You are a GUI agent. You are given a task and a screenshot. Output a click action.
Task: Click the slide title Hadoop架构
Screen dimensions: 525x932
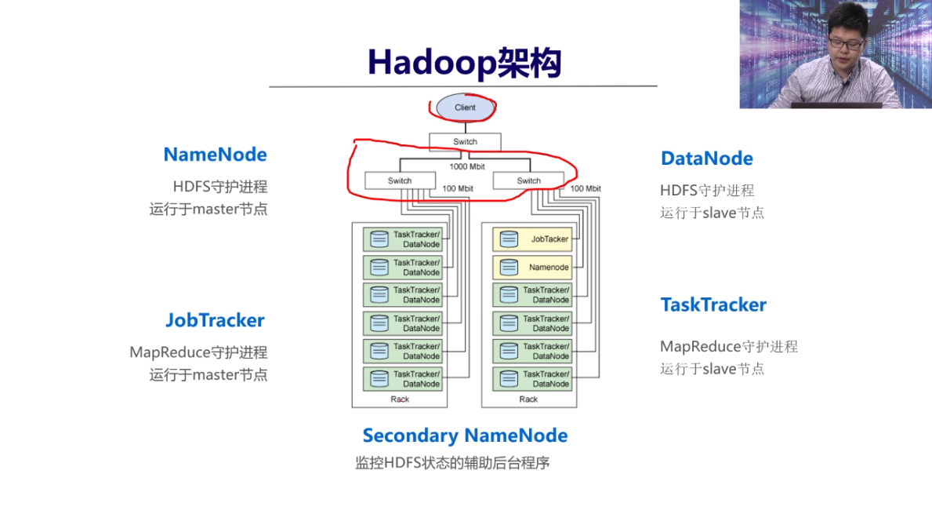[x=464, y=63]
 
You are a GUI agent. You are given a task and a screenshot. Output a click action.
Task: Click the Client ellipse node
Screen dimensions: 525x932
[x=465, y=108]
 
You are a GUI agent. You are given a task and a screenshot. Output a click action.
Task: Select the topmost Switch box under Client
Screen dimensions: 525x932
[x=465, y=142]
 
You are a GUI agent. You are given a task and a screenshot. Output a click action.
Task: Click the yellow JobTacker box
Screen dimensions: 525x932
[x=532, y=239]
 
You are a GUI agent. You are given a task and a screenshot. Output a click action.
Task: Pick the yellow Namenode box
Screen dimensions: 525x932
[x=532, y=268]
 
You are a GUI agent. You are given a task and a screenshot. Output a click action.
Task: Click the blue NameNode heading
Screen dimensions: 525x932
[x=215, y=155]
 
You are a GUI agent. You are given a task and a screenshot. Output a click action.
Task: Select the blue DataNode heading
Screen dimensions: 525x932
[x=706, y=159]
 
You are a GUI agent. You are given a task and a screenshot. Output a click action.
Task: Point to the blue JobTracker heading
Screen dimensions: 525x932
[x=215, y=320]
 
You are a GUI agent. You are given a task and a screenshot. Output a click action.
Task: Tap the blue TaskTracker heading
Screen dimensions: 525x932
[x=713, y=305]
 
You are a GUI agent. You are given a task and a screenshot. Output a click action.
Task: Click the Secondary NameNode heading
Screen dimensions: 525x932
[x=465, y=436]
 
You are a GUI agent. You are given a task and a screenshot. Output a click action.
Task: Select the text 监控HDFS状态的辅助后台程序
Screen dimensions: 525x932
[x=452, y=463]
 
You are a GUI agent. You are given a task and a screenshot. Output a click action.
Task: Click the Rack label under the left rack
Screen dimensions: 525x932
[x=400, y=399]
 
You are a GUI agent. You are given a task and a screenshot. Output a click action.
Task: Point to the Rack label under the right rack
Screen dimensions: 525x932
[x=529, y=399]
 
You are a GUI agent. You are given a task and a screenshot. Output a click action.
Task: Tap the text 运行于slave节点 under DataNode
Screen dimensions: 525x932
[x=712, y=213]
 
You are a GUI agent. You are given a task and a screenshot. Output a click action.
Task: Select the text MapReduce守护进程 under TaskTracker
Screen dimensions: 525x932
[x=728, y=346]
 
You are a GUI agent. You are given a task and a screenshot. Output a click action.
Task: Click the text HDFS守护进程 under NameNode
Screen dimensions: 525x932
[x=220, y=187]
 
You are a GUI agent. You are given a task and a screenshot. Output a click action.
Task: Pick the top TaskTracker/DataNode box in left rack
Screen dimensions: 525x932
[x=402, y=239]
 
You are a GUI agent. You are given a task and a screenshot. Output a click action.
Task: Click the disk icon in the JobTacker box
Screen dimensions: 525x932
[x=509, y=239]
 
